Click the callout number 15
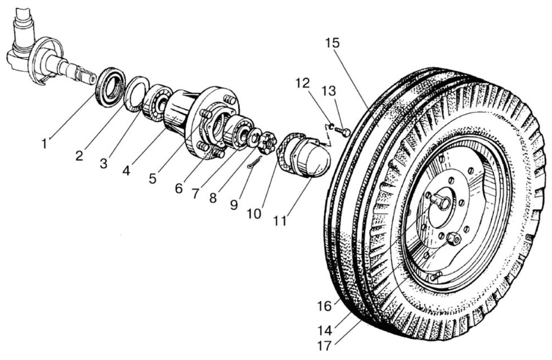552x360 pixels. (x=332, y=43)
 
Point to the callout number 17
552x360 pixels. (x=324, y=346)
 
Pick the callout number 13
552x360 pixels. (x=330, y=91)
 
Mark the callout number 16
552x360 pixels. (x=325, y=306)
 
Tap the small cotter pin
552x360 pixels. (x=254, y=162)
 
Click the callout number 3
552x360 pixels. (x=104, y=164)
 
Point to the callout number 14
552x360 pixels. (x=325, y=330)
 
